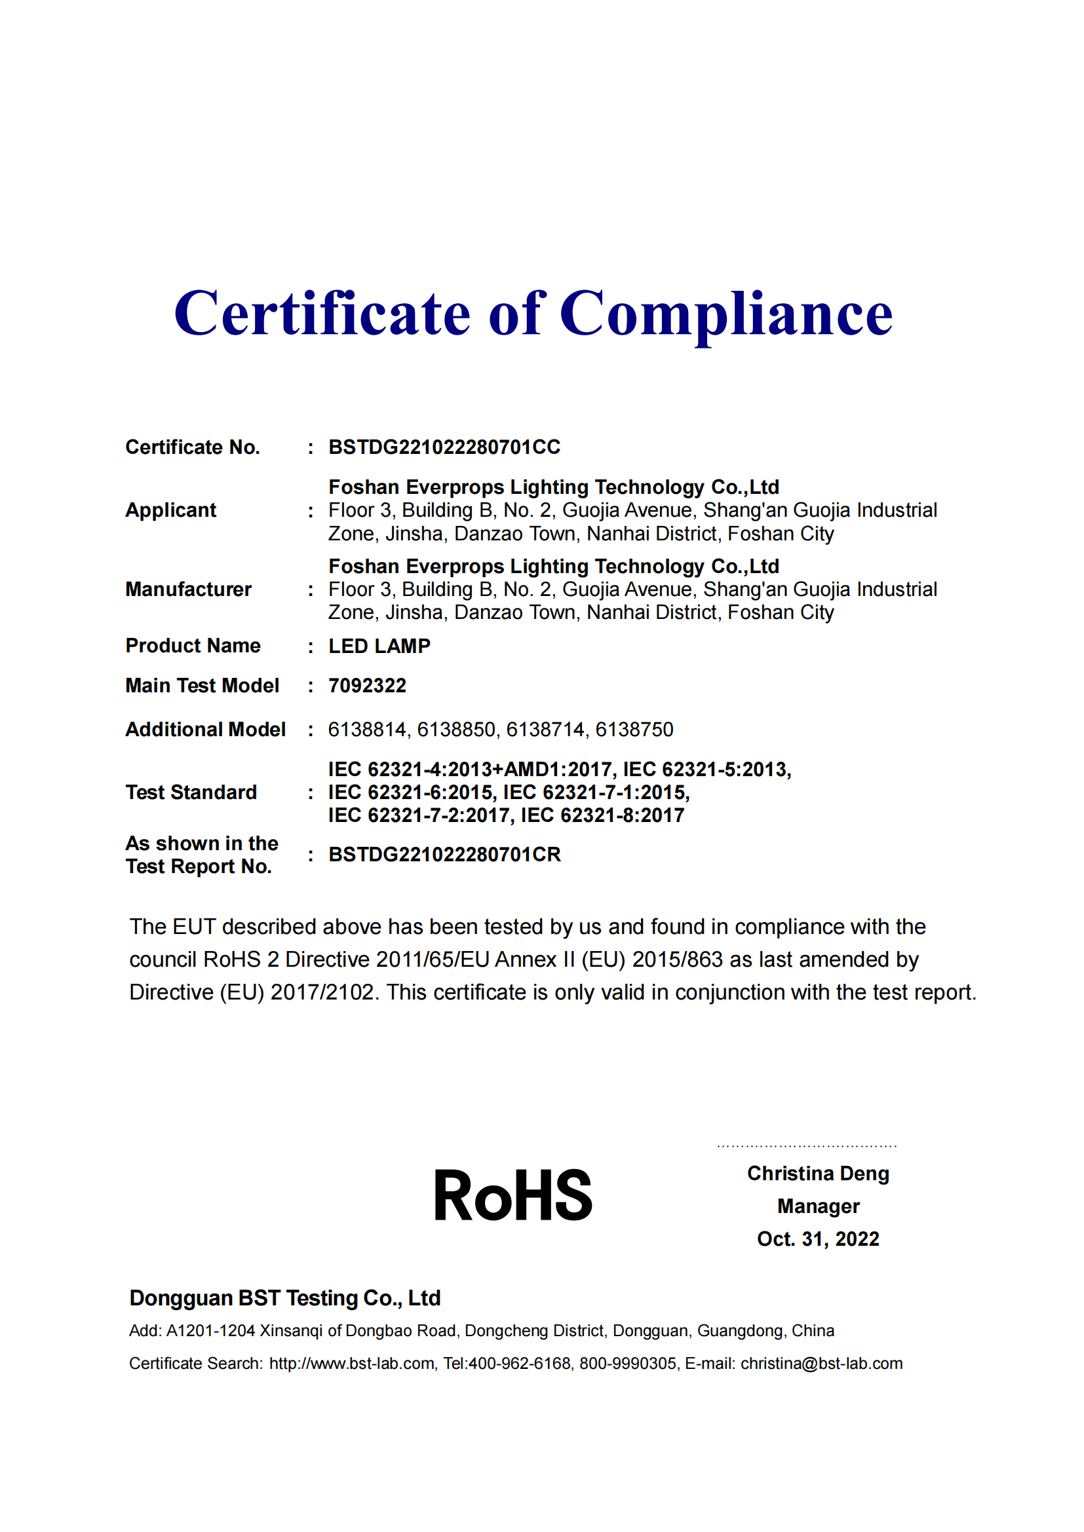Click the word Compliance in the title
[x=726, y=314]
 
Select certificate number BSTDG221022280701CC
[x=444, y=447]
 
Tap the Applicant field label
[x=170, y=510]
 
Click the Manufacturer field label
[x=188, y=589]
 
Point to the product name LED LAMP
[x=379, y=646]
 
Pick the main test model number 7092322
[x=367, y=685]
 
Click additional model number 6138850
[x=457, y=729]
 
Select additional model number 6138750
[x=634, y=729]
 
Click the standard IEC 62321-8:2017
[x=602, y=815]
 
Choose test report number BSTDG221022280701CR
[x=444, y=855]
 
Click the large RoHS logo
[x=513, y=1197]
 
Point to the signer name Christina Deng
[x=818, y=1173]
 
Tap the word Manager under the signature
[x=818, y=1206]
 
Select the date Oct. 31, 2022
[x=818, y=1239]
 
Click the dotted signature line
[x=806, y=1146]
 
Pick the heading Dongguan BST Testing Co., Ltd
[x=285, y=1298]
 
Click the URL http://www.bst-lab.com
[x=352, y=1363]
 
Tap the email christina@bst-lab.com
[x=821, y=1363]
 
